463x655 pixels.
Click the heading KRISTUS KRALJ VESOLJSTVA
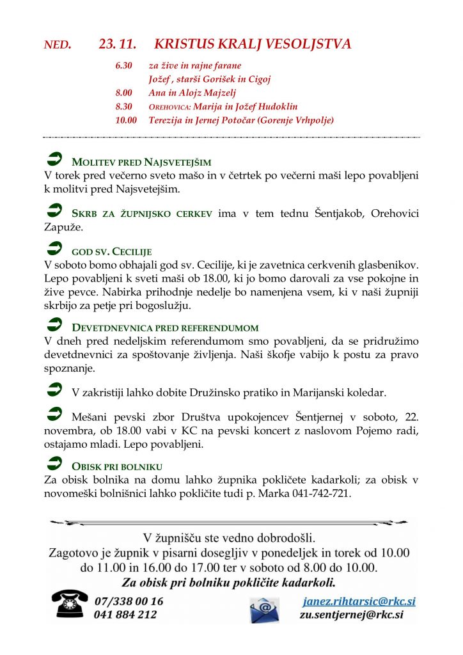[x=253, y=44]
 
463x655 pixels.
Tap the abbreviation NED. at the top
[x=58, y=45]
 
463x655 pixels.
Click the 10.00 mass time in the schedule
[x=126, y=120]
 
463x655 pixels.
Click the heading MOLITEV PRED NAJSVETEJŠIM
[x=141, y=161]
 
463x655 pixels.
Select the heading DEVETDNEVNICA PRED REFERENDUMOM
[x=165, y=327]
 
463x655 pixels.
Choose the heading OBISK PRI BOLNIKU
[x=117, y=466]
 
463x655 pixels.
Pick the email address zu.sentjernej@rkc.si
[x=351, y=615]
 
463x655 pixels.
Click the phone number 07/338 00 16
[x=129, y=601]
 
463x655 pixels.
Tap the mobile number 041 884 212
[x=125, y=615]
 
